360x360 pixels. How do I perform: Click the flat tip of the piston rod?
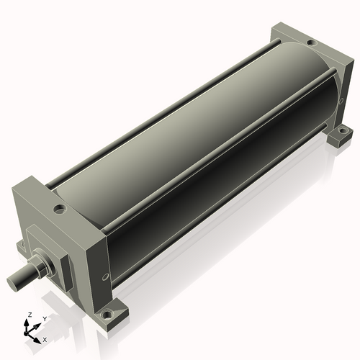click(x=12, y=282)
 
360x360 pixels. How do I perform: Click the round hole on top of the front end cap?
click(x=59, y=209)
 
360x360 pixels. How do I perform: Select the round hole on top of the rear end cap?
click(x=312, y=43)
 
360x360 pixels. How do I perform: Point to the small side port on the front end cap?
click(x=105, y=277)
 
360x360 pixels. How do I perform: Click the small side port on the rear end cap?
click(x=341, y=102)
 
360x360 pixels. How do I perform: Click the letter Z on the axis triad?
click(x=30, y=315)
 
